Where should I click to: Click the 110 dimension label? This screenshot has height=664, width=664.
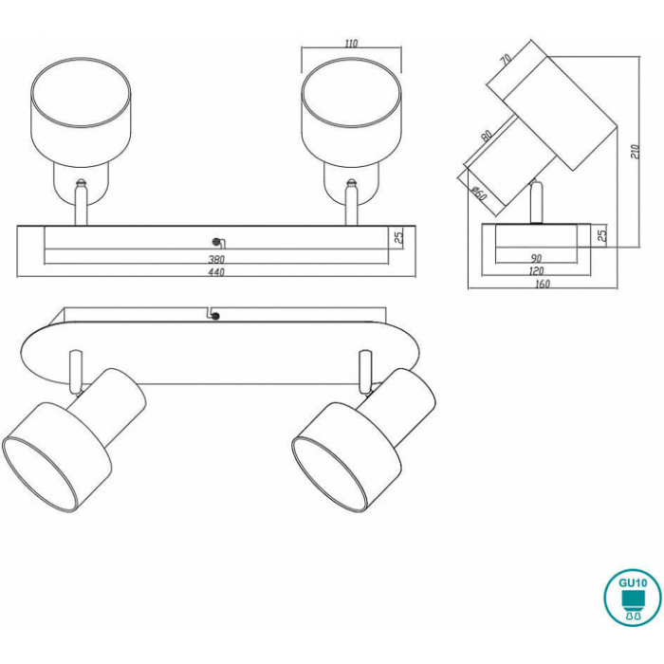point(352,44)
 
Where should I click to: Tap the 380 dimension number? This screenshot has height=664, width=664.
point(216,259)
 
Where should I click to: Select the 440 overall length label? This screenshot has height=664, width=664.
point(216,272)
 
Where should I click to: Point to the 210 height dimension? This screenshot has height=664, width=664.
point(636,151)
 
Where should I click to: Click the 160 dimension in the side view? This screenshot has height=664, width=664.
point(543,284)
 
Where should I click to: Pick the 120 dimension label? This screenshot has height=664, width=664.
point(536,270)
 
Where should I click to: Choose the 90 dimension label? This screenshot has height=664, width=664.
point(536,258)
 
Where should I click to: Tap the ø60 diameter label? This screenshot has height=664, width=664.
point(479,194)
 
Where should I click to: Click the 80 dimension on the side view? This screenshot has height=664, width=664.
point(487,136)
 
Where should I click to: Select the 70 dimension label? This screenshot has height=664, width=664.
point(506,59)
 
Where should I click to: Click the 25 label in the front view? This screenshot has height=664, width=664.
point(399,237)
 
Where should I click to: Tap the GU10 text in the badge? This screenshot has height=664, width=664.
point(633,582)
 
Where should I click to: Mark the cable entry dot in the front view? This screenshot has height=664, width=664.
point(216,242)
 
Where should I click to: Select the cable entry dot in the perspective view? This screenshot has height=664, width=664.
point(216,316)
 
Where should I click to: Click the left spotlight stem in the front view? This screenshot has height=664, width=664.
point(81,203)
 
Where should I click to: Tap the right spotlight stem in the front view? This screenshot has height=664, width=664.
point(351,203)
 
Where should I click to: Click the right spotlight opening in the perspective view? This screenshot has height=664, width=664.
point(328,474)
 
